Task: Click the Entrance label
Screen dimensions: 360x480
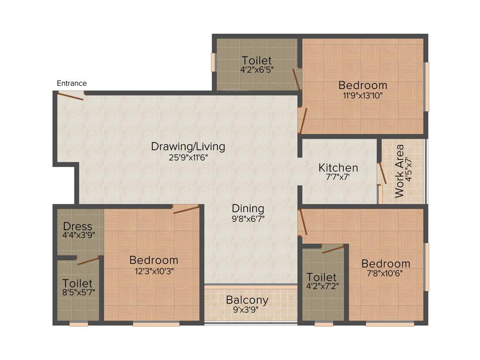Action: [72, 83]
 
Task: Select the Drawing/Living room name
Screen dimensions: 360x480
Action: [188, 146]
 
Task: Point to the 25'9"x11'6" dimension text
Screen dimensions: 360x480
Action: [188, 157]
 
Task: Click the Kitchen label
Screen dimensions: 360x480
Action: [338, 167]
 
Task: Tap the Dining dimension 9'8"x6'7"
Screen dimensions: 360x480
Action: [248, 219]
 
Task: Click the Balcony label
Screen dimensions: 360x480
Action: [247, 300]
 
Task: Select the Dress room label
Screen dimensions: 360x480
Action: [78, 226]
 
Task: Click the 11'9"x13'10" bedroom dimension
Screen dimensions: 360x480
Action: [363, 96]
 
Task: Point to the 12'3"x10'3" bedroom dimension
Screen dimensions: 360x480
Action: [154, 270]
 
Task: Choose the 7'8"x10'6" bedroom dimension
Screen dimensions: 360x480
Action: [385, 274]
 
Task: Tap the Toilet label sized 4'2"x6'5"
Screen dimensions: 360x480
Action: [256, 60]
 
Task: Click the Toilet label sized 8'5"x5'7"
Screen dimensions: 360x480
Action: [78, 284]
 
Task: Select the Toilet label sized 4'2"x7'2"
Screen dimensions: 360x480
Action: [322, 277]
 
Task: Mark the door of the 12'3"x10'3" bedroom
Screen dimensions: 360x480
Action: [186, 209]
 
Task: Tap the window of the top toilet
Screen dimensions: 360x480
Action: [213, 62]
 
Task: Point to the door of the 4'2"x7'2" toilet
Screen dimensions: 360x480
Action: [333, 249]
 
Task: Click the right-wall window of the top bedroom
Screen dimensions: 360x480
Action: [427, 87]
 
